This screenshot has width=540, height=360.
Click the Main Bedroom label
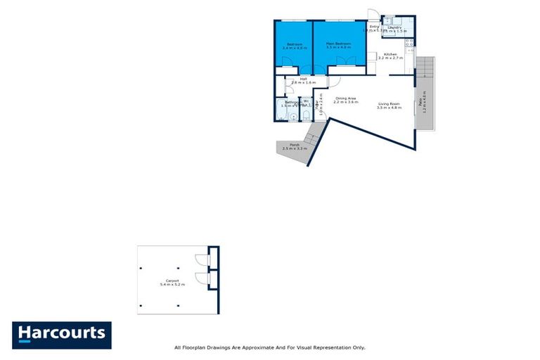pyautogui.click(x=338, y=45)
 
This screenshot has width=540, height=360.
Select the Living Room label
pyautogui.click(x=389, y=105)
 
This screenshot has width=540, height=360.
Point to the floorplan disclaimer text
pyautogui.click(x=269, y=347)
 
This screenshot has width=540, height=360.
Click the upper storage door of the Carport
pyautogui.click(x=202, y=257)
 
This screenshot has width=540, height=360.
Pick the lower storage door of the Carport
pyautogui.click(x=202, y=278)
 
